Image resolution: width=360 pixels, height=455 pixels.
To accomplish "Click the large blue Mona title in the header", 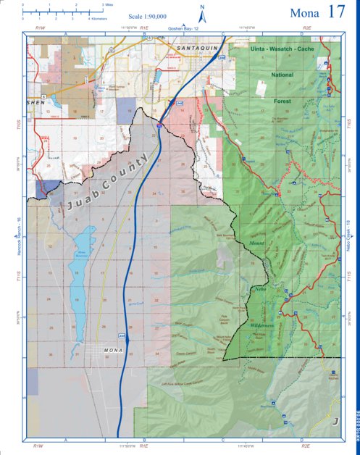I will point(305,13).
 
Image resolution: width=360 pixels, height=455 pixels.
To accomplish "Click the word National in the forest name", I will point(282,75).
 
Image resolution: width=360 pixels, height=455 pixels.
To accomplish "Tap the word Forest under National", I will point(282,101).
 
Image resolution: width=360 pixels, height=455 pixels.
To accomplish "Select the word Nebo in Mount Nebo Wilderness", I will point(261,289).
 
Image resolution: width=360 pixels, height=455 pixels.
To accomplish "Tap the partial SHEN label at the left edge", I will point(35,103).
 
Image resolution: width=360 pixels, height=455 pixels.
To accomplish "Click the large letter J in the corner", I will point(335,421).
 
